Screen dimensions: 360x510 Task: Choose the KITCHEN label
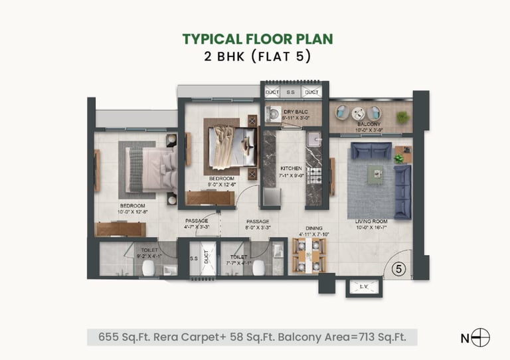point(291,168)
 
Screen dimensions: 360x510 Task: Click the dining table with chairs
point(309,255)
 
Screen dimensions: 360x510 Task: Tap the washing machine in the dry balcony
point(272,114)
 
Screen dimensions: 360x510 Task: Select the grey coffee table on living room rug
point(375,174)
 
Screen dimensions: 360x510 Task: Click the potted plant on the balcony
point(402,117)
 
